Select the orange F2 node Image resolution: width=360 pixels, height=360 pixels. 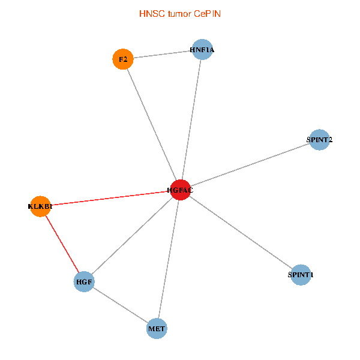[122, 59]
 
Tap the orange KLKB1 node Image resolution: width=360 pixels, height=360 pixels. [40, 206]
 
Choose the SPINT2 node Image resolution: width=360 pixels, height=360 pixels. [319, 140]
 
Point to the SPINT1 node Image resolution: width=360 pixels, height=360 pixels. [300, 275]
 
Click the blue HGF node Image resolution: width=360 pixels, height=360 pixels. [84, 281]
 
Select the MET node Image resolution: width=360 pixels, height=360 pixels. [157, 328]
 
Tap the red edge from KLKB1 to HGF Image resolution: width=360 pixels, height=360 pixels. [62, 244]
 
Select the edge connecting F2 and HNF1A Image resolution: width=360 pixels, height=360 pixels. [163, 55]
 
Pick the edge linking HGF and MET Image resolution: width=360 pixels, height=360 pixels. [120, 304]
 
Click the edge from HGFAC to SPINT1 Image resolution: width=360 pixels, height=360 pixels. [240, 232]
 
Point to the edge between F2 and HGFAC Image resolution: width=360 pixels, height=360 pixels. [151, 124]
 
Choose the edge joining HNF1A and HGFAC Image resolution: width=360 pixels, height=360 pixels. [192, 120]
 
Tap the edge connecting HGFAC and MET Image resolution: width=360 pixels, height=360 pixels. [169, 259]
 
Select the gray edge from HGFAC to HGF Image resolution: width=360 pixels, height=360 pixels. [132, 235]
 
